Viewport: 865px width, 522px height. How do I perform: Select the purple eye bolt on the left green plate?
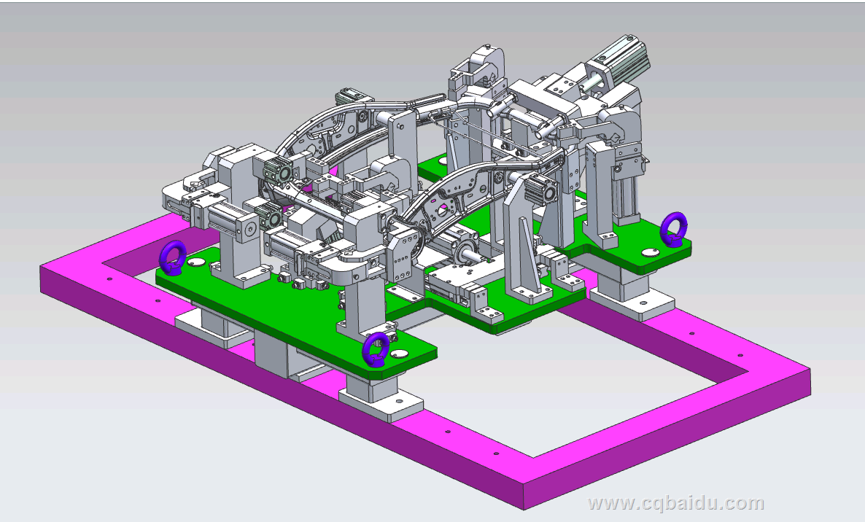point(172,257)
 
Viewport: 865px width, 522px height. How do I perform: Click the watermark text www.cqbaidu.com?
point(676,503)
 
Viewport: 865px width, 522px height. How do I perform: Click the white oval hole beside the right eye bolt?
point(650,252)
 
